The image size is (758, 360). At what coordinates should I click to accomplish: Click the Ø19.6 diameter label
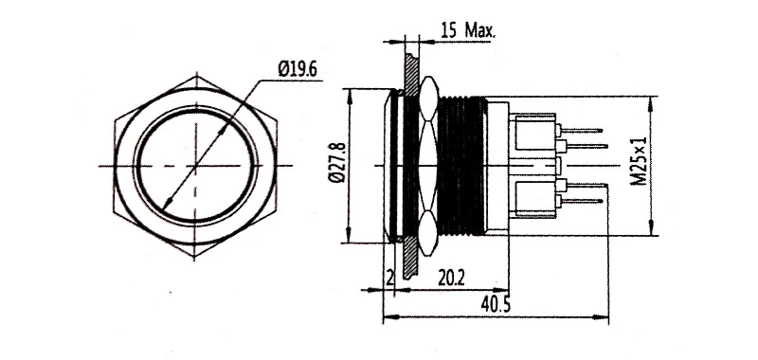tap(298, 69)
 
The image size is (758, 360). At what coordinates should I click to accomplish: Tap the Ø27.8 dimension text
tap(336, 163)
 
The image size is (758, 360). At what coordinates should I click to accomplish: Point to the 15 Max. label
tap(468, 31)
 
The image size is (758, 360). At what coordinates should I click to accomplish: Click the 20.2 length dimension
tap(451, 278)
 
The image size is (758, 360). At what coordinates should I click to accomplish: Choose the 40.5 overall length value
tap(496, 304)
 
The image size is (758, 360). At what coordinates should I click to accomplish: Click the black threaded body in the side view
tap(460, 166)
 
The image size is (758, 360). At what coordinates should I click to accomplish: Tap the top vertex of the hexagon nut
tap(196, 74)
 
